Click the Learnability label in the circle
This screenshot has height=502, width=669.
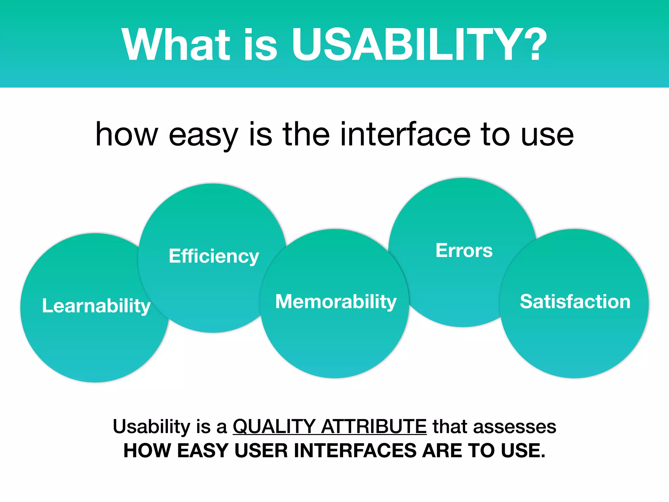[96, 306]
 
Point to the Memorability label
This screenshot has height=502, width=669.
[336, 301]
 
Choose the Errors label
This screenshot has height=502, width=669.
[464, 251]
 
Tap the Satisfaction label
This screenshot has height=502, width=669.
[575, 301]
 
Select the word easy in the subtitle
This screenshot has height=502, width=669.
[203, 135]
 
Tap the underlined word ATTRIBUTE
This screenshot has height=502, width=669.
[374, 427]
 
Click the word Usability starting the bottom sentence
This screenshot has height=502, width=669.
[151, 427]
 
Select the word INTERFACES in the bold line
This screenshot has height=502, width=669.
[355, 450]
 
